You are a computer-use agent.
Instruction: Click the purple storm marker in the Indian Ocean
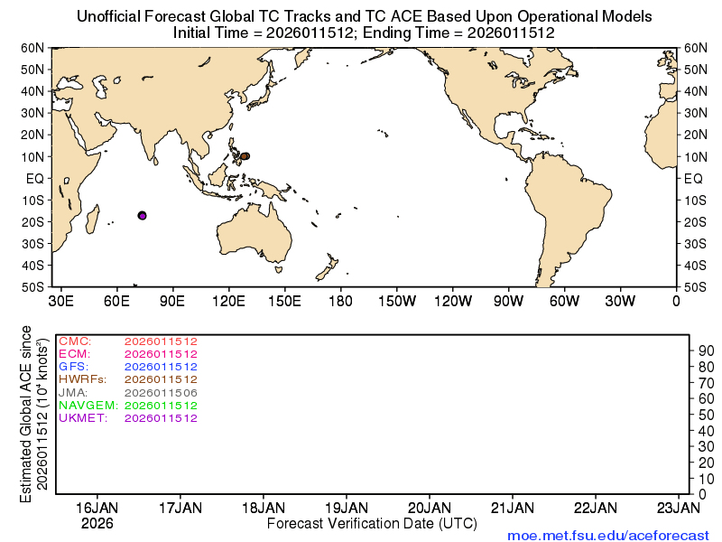point(142,215)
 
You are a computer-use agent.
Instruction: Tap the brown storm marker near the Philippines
point(245,156)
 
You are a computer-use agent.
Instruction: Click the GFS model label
point(72,367)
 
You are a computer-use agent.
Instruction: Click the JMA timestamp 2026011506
point(161,393)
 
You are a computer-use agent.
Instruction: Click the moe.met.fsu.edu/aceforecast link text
point(608,535)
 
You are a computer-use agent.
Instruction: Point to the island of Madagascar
point(92,220)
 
